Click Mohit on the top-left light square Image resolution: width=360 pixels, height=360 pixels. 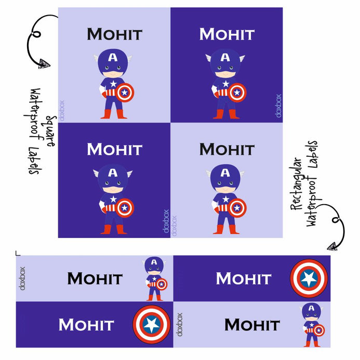click(x=114, y=34)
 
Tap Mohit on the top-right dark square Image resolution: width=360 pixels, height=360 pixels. click(x=227, y=34)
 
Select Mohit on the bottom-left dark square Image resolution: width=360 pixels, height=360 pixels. click(x=114, y=150)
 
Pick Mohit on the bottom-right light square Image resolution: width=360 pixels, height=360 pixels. click(x=227, y=150)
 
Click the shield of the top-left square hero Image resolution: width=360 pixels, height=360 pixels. click(x=125, y=93)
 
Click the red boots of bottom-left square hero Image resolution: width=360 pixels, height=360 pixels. click(x=113, y=229)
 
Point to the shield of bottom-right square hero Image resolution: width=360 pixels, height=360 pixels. click(x=237, y=208)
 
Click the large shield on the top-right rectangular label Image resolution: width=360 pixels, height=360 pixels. click(x=309, y=278)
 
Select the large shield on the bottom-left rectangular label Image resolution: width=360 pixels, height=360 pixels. click(x=151, y=325)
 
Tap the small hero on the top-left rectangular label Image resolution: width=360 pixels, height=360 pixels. click(x=155, y=278)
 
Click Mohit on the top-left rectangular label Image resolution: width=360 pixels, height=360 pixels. click(x=95, y=278)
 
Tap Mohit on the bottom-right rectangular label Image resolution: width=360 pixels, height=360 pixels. click(x=252, y=325)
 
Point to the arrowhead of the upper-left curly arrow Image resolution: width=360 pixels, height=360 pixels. click(x=44, y=63)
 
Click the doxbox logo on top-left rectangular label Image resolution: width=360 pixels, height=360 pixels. click(x=22, y=278)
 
